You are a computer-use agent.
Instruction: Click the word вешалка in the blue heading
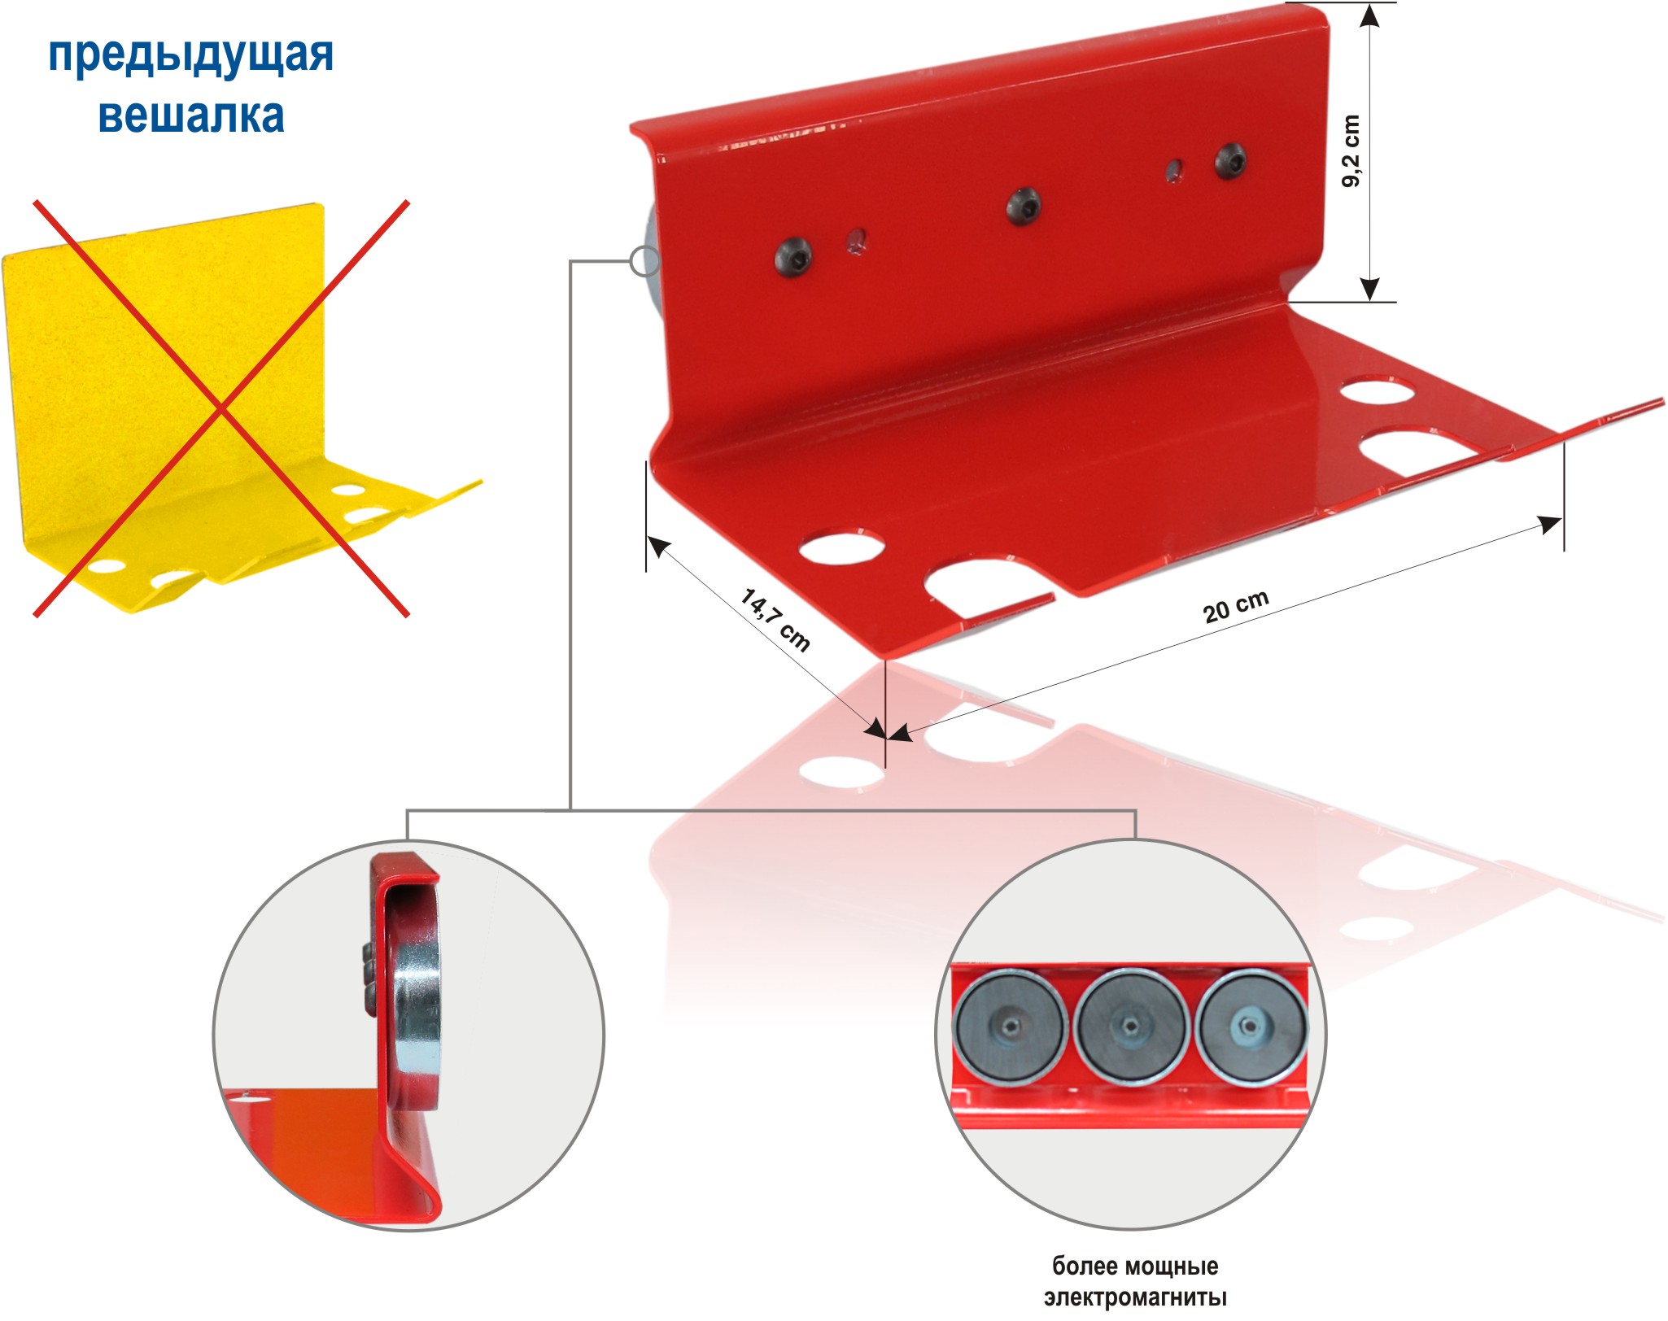191,116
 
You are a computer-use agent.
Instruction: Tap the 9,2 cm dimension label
1350,150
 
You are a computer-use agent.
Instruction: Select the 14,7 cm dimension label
775,620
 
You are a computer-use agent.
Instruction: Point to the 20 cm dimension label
1236,605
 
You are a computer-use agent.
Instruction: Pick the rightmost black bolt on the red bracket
1231,160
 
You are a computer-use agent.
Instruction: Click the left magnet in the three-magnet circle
1010,1027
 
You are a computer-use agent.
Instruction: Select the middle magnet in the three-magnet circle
1130,1027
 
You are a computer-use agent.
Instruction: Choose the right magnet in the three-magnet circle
1250,1027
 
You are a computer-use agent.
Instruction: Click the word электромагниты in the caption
1135,1297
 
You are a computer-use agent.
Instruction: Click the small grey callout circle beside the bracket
645,260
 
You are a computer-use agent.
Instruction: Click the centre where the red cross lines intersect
221,408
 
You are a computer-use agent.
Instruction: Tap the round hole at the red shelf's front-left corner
841,547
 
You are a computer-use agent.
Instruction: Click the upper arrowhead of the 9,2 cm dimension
1370,16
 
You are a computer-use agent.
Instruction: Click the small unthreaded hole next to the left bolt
855,240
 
